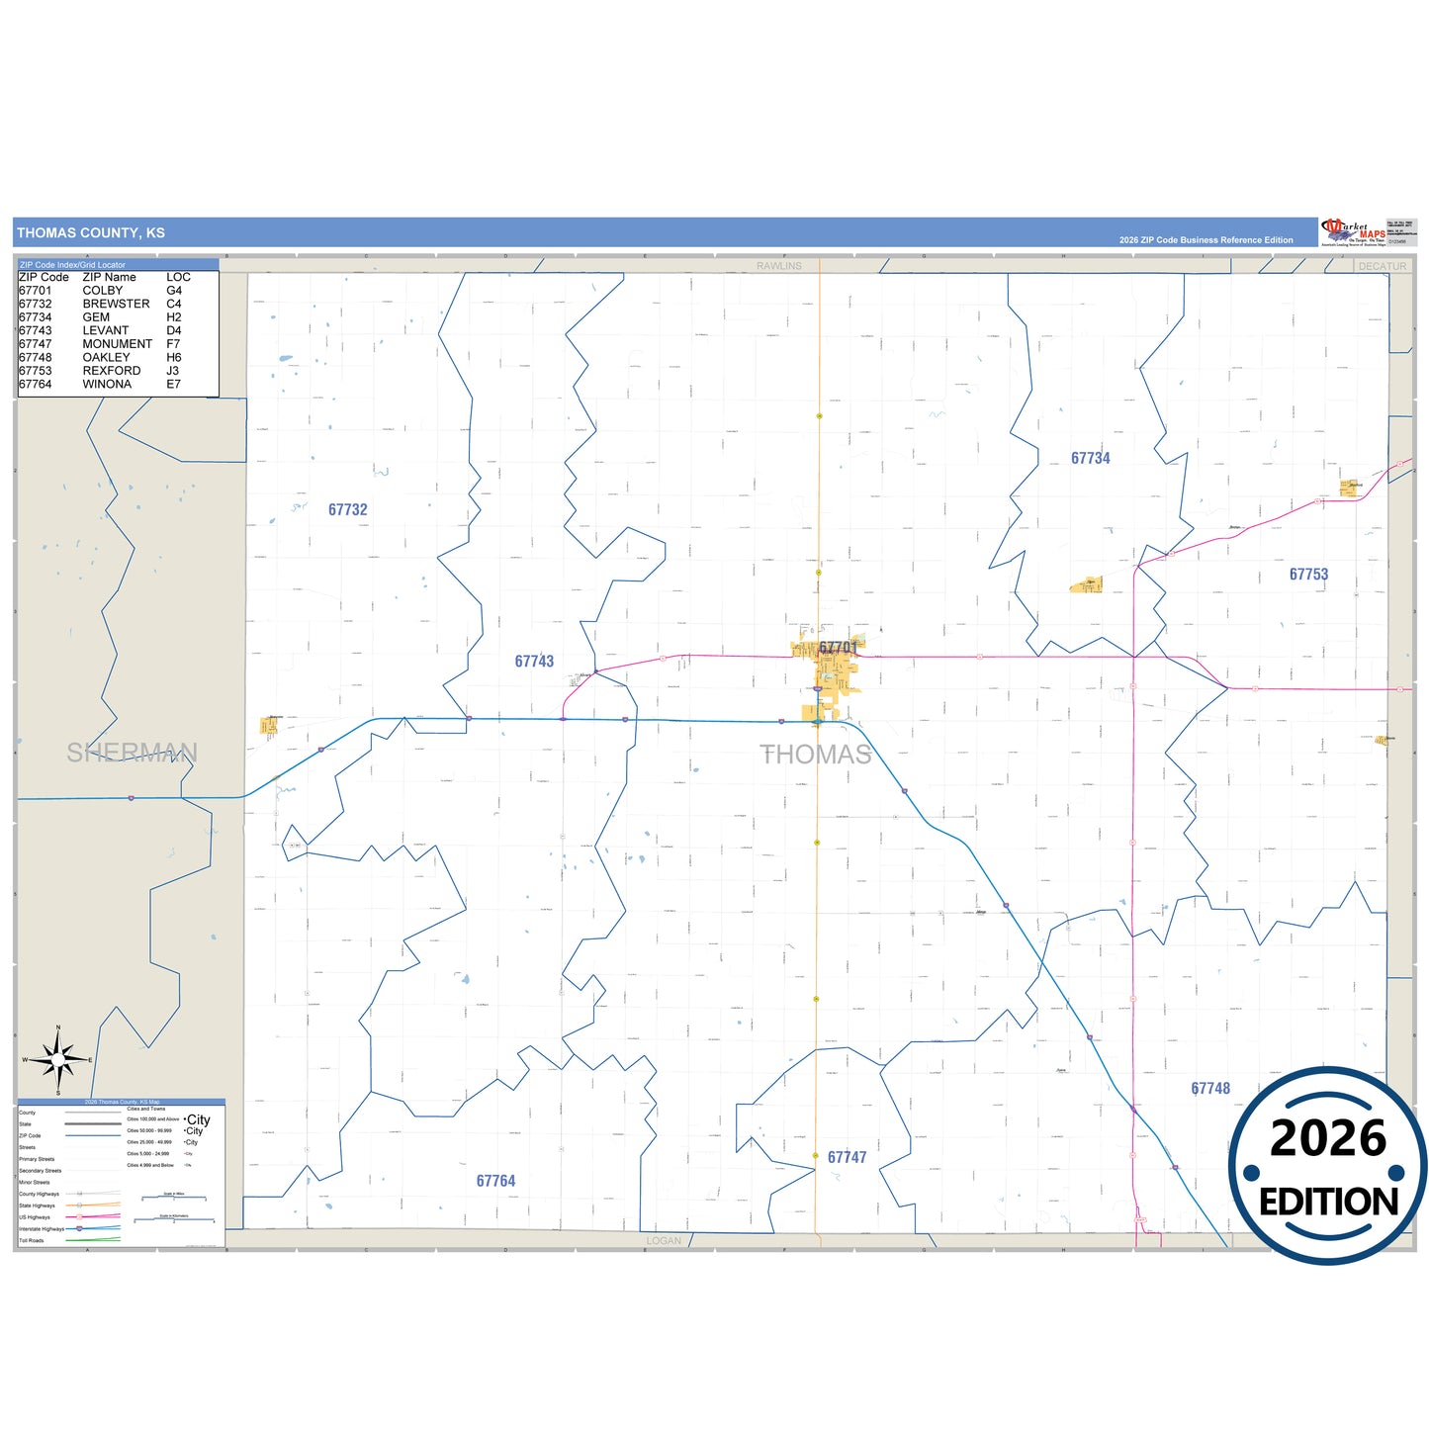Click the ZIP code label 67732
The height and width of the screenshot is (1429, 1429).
coord(347,510)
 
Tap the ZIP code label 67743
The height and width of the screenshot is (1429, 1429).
coord(534,662)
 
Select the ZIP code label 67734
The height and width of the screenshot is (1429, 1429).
coord(1090,459)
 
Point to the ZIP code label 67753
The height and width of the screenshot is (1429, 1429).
coord(1308,575)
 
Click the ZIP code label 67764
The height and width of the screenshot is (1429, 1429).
coord(495,1181)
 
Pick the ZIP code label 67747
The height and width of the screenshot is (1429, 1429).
coord(847,1157)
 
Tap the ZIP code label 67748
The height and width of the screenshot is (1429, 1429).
coord(1210,1089)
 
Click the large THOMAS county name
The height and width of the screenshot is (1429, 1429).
coord(816,755)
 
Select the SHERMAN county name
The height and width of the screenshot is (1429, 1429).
coord(132,753)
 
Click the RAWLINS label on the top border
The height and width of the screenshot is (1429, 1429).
coord(779,266)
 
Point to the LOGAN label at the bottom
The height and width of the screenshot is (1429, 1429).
coord(664,1241)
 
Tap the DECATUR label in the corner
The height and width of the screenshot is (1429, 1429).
coord(1382,266)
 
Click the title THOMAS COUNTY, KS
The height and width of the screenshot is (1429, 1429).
coord(91,233)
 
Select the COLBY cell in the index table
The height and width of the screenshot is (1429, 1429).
coord(103,291)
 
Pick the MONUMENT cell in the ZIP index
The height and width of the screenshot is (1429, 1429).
coord(118,344)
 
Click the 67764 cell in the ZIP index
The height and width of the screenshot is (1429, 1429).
coord(36,385)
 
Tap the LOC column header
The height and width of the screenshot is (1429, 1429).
coord(178,277)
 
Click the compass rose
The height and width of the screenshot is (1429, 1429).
coord(58,1060)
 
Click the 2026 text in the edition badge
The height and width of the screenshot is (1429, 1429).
coord(1327,1138)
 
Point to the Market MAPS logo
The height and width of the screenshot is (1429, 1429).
coord(1353,232)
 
